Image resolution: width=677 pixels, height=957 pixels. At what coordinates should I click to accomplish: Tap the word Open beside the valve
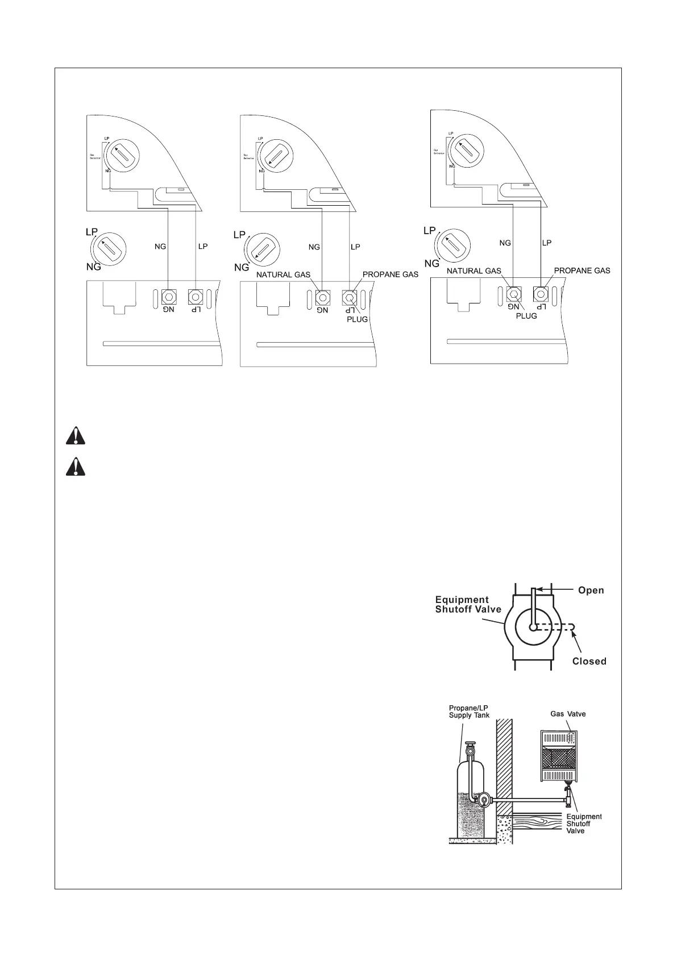(591, 590)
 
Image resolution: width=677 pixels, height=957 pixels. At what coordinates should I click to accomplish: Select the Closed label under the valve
(589, 661)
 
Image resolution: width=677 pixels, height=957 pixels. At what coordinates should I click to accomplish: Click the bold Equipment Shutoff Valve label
(468, 604)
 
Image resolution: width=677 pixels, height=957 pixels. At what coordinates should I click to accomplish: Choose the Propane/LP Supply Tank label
(468, 711)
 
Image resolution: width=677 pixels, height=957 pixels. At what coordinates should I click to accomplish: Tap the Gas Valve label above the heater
(567, 714)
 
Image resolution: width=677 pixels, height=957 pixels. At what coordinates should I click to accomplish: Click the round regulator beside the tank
(484, 800)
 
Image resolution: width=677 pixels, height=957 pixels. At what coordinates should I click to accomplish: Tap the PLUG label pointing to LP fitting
(358, 319)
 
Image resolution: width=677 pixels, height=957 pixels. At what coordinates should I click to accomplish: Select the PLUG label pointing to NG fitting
(526, 316)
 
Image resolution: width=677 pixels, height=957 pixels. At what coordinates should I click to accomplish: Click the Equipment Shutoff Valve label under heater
(584, 823)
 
